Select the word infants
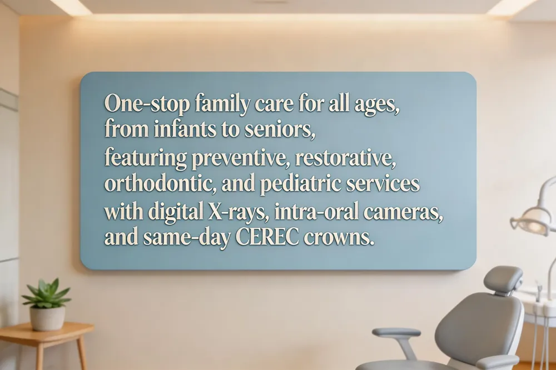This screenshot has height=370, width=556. [x=185, y=129]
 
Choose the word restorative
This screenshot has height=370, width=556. [x=345, y=158]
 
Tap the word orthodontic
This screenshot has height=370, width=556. [x=161, y=183]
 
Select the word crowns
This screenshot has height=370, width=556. [x=339, y=238]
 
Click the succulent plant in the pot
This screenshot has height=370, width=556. [x=47, y=293]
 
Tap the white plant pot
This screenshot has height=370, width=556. [x=47, y=318]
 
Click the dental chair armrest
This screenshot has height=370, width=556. [x=396, y=333]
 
